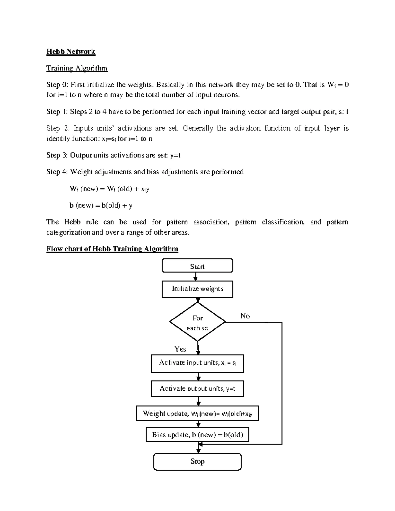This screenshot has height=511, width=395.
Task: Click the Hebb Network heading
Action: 71,52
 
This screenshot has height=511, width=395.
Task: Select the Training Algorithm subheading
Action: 77,68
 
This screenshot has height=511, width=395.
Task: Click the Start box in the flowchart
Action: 197,266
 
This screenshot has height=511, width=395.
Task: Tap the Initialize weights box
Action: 197,289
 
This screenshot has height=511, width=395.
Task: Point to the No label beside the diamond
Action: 245,316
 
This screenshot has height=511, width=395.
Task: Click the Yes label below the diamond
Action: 180,349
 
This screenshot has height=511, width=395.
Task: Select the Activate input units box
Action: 197,363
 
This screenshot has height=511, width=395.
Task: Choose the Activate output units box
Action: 197,389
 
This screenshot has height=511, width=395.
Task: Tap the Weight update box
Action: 197,414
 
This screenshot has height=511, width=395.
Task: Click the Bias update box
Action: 197,435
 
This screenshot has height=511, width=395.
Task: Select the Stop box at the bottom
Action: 197,461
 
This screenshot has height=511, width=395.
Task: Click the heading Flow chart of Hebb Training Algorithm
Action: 112,249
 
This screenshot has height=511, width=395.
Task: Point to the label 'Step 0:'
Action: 57,85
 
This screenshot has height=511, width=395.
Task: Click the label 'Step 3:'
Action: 57,155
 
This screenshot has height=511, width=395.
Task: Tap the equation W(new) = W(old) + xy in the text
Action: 110,189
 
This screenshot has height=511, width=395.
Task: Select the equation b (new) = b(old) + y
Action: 101,206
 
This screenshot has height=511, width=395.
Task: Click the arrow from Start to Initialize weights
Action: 196,277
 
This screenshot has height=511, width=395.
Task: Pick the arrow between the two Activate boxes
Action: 198,377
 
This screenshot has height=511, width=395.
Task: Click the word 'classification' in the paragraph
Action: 283,222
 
